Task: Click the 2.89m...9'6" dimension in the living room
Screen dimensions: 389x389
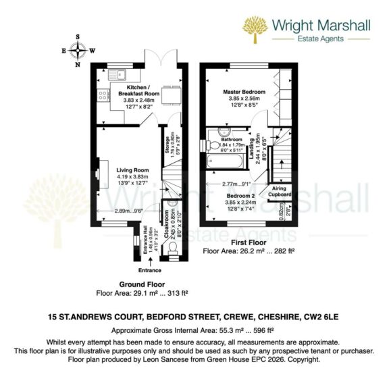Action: (128, 211)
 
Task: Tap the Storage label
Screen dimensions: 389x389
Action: (167, 145)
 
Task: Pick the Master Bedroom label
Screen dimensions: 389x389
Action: (244, 91)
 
